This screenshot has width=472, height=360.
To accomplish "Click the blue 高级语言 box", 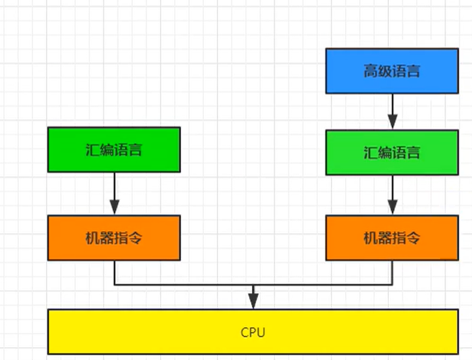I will [x=392, y=70].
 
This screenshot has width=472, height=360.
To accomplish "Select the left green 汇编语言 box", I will [x=113, y=149].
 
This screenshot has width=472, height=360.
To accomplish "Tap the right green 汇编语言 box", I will [x=392, y=152].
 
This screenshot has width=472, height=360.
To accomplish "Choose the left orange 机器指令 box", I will [x=113, y=238].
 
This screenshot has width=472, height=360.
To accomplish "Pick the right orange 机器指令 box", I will [x=392, y=238].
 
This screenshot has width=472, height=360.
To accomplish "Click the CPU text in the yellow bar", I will [x=253, y=332].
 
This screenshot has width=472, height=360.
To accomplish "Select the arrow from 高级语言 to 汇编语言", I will [x=392, y=111].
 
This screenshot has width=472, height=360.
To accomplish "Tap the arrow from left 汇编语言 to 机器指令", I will [x=114, y=194].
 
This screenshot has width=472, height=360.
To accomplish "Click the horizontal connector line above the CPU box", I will [x=182, y=284].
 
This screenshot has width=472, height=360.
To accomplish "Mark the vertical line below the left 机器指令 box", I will [x=114, y=272].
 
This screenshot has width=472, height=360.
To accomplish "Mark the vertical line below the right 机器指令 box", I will [x=392, y=272].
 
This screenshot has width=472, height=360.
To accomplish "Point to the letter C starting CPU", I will [x=244, y=332].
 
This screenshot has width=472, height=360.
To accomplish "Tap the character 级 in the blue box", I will [x=385, y=71].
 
